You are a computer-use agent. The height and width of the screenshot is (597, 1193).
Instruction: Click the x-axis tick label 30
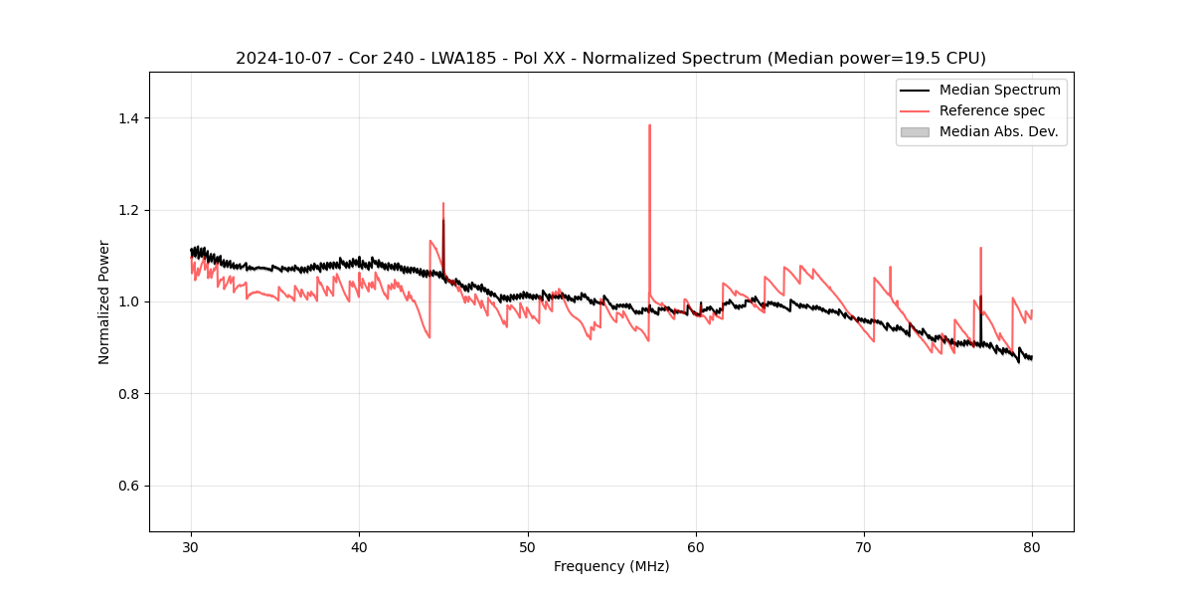click(191, 546)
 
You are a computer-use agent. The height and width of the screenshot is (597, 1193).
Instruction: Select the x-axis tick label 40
click(359, 546)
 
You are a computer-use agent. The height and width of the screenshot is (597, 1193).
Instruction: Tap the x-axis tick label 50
click(528, 546)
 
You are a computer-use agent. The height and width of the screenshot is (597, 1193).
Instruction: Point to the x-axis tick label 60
click(696, 546)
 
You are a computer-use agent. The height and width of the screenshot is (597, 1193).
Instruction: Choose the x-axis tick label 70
click(864, 546)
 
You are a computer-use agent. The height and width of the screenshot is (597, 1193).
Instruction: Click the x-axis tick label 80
click(1032, 546)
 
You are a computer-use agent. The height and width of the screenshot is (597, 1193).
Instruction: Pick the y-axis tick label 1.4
click(128, 118)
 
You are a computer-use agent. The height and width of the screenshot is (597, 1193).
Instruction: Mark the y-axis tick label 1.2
click(128, 210)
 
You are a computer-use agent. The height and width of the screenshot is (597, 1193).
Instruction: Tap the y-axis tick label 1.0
click(128, 301)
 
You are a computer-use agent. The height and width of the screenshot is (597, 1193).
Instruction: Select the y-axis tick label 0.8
click(128, 394)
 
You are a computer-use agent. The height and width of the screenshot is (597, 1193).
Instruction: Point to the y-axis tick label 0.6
click(128, 486)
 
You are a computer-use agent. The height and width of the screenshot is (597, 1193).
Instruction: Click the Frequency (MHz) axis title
click(611, 566)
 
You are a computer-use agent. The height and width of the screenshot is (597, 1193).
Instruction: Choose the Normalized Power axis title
click(103, 301)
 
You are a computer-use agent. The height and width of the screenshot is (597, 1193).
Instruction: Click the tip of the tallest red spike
click(649, 125)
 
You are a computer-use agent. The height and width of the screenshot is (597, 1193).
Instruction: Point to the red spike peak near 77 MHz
click(980, 248)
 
